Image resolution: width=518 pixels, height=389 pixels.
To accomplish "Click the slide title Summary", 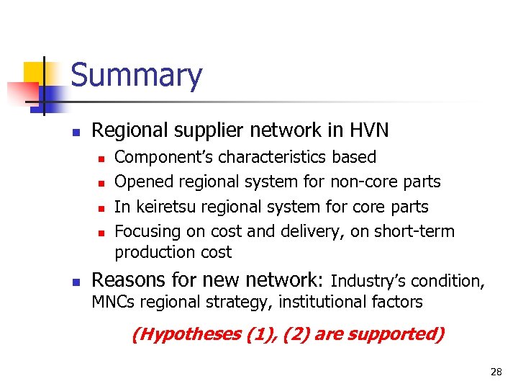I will click(x=137, y=76).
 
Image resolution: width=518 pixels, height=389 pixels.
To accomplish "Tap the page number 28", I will click(x=496, y=372).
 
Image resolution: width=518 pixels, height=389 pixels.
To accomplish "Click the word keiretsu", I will click(x=163, y=207).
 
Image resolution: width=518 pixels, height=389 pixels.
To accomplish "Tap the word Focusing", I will click(x=145, y=231).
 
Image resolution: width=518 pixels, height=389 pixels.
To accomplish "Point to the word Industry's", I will click(x=368, y=280).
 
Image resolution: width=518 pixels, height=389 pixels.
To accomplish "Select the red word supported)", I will click(x=403, y=334).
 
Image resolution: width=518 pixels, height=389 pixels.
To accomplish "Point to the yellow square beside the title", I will click(x=36, y=73).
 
